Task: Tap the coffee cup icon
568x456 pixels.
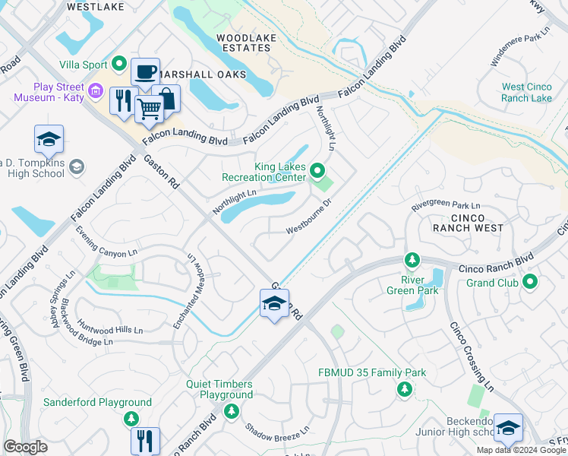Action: [144, 72]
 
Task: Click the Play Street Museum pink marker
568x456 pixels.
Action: [95, 91]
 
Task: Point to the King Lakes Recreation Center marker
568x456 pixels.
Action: [318, 171]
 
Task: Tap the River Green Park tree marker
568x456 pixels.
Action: [412, 261]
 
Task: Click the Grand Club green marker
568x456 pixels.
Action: [530, 283]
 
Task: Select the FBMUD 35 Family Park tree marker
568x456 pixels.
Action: [405, 389]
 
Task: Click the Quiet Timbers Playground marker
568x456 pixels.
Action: [231, 411]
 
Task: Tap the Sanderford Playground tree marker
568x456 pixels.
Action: [131, 419]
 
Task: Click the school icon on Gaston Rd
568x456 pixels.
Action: [274, 304]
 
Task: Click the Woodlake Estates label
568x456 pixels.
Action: [243, 43]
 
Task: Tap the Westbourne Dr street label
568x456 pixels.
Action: [309, 218]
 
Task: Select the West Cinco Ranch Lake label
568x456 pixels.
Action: [527, 93]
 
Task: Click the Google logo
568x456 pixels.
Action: [25, 447]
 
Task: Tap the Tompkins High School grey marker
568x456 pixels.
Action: [76, 166]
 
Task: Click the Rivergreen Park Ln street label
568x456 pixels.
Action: [446, 206]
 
